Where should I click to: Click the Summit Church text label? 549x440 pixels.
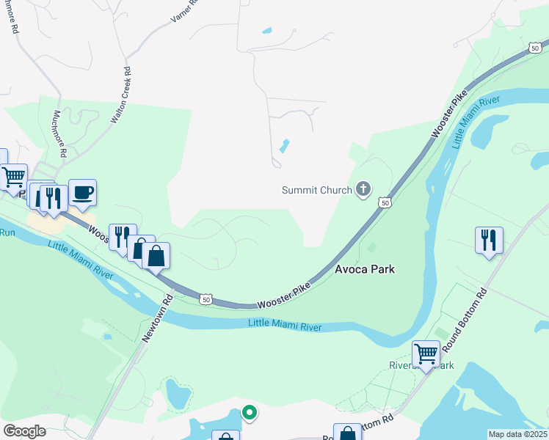317,191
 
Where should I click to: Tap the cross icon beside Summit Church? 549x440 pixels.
363,190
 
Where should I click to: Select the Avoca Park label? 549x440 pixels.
365,269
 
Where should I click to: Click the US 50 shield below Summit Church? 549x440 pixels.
384,202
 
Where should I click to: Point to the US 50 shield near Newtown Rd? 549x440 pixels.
206,299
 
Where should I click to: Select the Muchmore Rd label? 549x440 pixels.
60,133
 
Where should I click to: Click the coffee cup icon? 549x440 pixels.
82,192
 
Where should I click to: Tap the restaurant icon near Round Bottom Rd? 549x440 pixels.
489,239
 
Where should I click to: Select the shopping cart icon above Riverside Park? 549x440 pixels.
426,353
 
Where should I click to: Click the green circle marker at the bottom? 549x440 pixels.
250,413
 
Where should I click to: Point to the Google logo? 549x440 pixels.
25,430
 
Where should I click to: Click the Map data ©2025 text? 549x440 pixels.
517,434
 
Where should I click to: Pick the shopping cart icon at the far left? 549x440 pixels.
13,177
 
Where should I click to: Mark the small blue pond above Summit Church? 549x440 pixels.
283,146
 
